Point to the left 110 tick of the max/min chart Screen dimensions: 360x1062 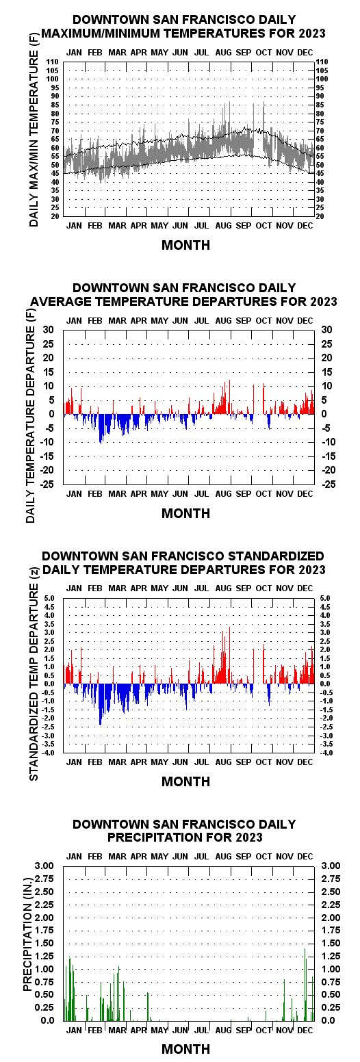[52, 62]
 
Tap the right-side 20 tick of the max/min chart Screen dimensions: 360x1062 [320, 216]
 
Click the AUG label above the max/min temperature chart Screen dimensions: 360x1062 [223, 52]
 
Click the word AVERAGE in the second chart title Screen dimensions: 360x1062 [61, 302]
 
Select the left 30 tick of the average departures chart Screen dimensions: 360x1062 [49, 330]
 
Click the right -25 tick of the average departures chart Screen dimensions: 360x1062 [329, 484]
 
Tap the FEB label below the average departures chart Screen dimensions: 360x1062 [95, 493]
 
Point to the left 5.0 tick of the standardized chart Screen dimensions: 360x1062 [49, 598]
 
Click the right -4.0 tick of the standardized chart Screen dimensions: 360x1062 [325, 753]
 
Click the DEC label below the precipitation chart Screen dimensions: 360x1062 [305, 1031]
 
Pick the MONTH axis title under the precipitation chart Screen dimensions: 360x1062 [185, 1049]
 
